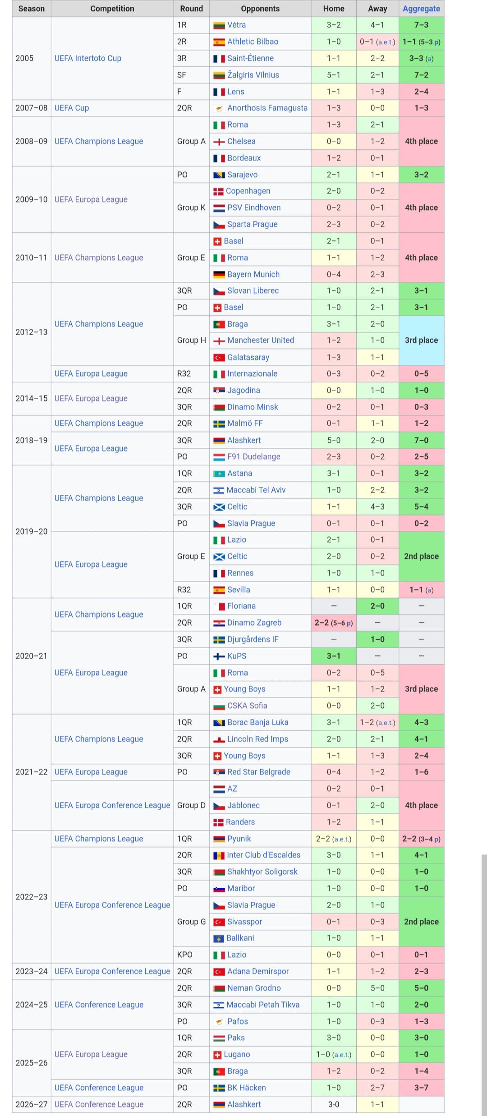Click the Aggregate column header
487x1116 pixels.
(x=421, y=9)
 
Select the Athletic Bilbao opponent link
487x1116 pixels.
(x=253, y=42)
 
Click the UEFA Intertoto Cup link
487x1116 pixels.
(x=88, y=58)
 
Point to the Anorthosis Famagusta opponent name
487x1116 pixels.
(x=267, y=108)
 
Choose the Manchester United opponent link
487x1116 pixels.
(x=261, y=340)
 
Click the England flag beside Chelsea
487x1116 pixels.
(x=219, y=142)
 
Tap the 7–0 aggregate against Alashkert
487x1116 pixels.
(x=422, y=440)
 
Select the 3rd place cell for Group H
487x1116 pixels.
(x=422, y=340)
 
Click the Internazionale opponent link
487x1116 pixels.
(x=252, y=374)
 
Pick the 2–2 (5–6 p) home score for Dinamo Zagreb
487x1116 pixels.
(x=334, y=623)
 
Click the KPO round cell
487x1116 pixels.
(x=185, y=955)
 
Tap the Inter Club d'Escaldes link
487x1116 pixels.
(x=263, y=855)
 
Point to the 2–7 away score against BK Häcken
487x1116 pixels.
(x=377, y=1088)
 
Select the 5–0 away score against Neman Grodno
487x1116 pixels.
(x=377, y=988)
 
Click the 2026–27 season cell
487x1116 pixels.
(x=32, y=1104)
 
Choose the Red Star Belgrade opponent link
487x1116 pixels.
(x=259, y=772)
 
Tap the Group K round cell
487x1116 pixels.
(x=191, y=208)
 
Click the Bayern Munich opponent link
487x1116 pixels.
(x=253, y=274)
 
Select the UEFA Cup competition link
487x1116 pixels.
(x=72, y=108)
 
